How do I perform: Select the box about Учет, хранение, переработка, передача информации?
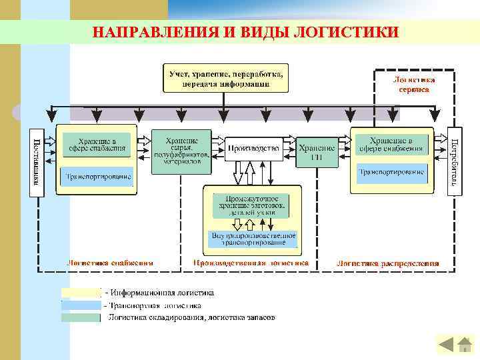pos(227,77)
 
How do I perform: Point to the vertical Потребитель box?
pos(454,163)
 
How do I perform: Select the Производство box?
pos(253,149)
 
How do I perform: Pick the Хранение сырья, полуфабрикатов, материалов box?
pos(181,151)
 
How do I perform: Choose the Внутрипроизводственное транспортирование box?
pos(253,239)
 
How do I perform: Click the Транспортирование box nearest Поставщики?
pos(97,177)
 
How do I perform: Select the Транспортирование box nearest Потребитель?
pos(391,172)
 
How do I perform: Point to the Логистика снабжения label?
pos(109,263)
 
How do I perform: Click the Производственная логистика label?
pos(251,263)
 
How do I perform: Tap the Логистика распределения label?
pos(387,263)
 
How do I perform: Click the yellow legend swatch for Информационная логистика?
pos(81,293)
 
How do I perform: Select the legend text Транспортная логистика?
pos(160,305)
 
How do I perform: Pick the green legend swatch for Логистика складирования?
pos(81,317)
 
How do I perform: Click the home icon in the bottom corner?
pos(465,344)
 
